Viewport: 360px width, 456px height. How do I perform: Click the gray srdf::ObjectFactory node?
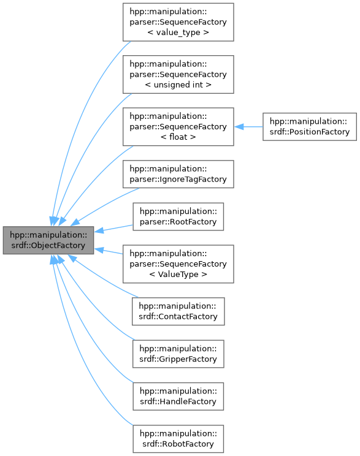(48, 240)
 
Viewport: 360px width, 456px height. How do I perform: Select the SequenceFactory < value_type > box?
(178, 22)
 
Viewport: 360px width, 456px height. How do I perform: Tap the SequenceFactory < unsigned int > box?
(178, 74)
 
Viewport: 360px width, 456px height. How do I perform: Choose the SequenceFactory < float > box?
(178, 126)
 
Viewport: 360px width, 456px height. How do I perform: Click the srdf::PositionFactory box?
(309, 126)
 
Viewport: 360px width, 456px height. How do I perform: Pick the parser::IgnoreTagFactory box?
(178, 174)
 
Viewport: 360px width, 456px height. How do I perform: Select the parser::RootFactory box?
(178, 216)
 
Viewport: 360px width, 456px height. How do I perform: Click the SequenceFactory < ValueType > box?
(178, 264)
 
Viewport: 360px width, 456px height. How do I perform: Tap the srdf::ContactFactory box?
(178, 311)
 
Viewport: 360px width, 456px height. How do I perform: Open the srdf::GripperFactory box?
(178, 353)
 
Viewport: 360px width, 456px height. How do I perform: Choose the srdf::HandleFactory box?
(178, 395)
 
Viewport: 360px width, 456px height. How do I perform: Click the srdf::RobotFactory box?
(178, 438)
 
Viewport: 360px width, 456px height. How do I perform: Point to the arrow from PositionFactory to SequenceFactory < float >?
(248, 126)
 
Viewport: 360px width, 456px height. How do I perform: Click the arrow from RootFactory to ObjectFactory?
(114, 228)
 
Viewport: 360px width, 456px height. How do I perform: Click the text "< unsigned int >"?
(178, 85)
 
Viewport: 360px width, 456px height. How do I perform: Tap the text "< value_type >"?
(178, 32)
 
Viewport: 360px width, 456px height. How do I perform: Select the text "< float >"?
(178, 137)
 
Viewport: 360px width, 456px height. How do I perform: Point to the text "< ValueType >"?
(178, 274)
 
